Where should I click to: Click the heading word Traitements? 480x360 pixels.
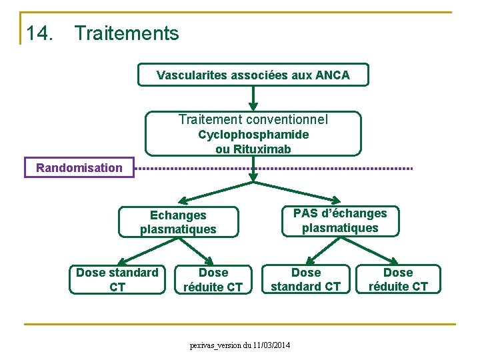point(127,33)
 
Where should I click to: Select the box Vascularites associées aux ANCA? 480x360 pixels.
point(253,75)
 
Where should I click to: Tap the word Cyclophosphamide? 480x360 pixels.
point(253,135)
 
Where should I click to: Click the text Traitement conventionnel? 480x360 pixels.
point(253,120)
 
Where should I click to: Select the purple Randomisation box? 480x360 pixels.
point(79,167)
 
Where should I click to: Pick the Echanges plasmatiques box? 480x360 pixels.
point(178,222)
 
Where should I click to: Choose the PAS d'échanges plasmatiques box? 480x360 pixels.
point(340,221)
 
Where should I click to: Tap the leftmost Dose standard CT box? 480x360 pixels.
point(117,279)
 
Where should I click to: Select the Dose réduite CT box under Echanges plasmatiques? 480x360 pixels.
point(213,279)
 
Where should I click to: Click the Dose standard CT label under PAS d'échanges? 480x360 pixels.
point(306,279)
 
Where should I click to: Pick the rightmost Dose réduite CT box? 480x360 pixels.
point(398,279)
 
